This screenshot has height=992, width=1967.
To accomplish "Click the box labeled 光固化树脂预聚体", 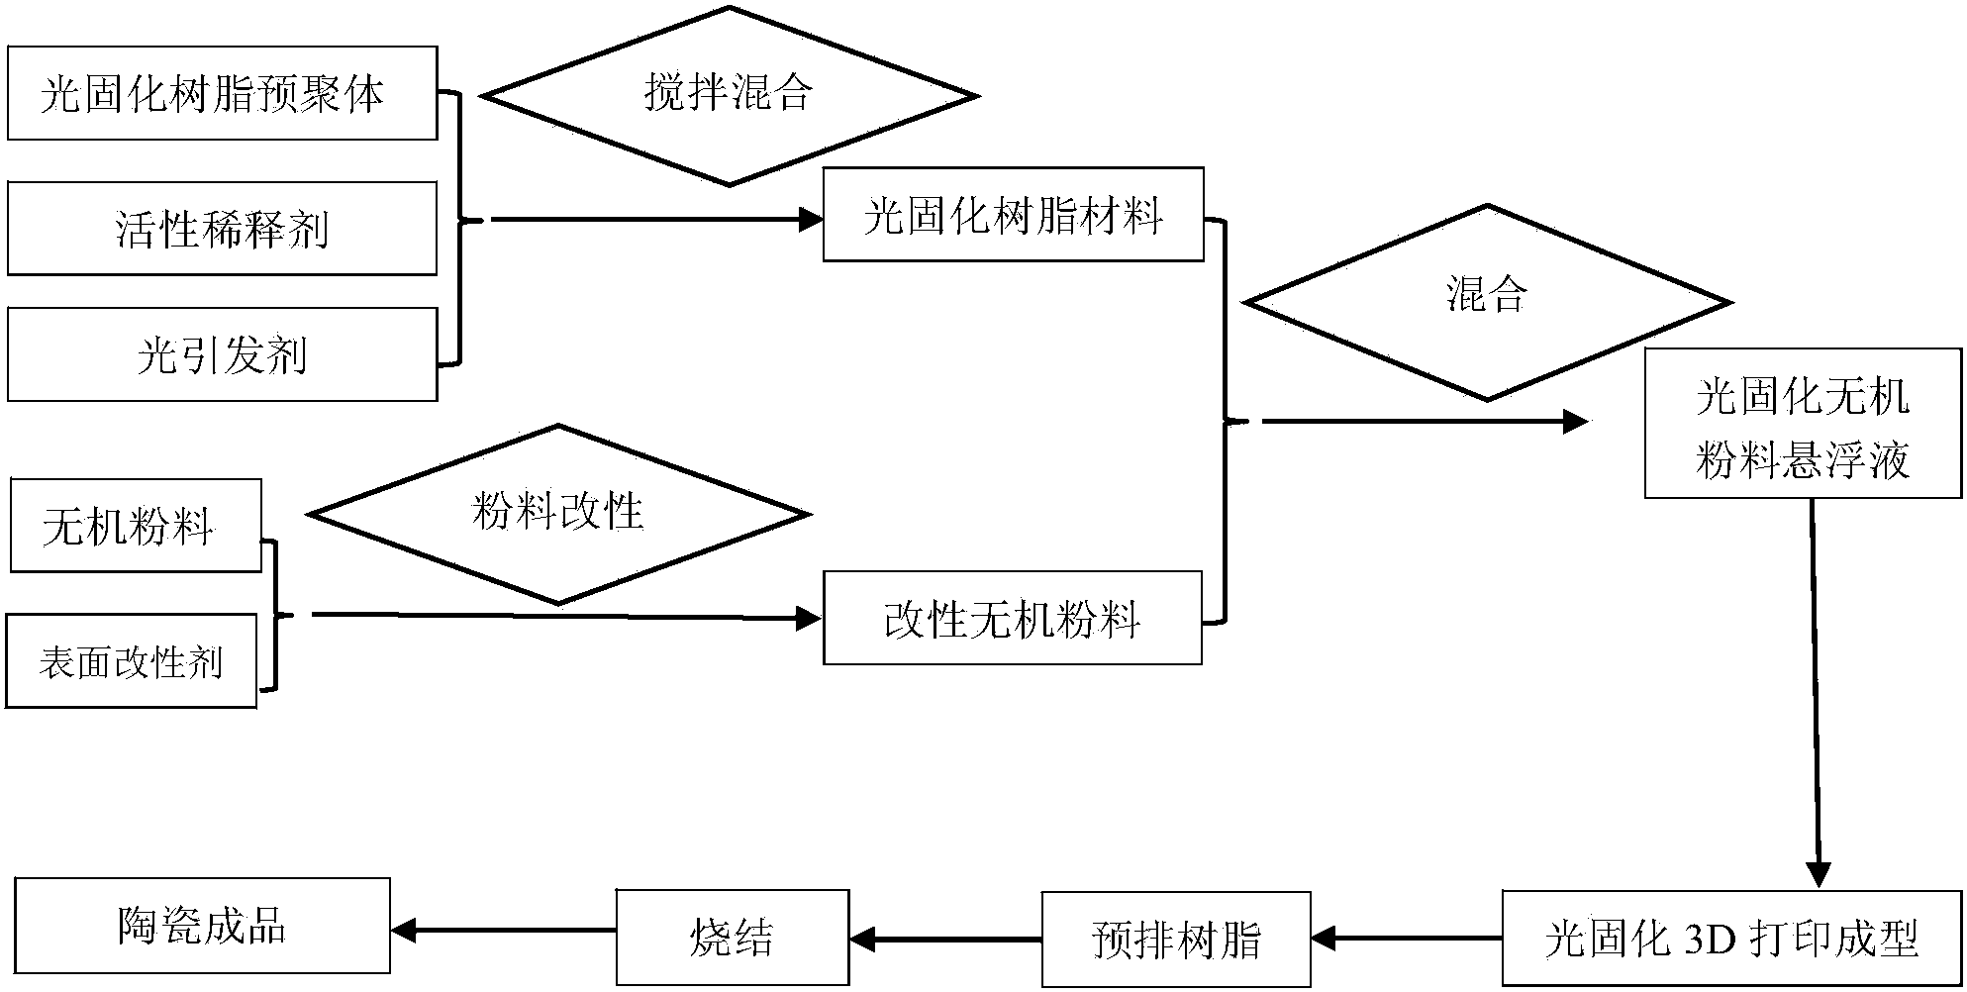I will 222,93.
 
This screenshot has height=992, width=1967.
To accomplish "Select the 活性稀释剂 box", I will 222,229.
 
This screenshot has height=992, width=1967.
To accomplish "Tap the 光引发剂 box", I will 222,354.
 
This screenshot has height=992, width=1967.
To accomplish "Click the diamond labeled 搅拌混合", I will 730,96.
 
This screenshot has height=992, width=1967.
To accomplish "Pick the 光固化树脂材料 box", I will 1013,215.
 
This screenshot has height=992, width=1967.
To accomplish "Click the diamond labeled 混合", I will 1487,303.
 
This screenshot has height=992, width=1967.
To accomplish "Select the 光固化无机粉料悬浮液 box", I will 1802,424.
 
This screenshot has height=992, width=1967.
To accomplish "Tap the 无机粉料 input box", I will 136,527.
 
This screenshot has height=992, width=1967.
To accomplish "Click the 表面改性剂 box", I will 131,661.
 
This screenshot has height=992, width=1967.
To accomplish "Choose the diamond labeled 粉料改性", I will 558,515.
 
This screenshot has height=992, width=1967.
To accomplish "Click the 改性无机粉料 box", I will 1012,618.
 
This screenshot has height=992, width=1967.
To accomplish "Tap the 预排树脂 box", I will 1175,939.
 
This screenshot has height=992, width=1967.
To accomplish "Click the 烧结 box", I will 733,937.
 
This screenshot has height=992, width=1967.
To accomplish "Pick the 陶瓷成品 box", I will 202,927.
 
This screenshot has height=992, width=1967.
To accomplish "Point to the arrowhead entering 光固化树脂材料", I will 812,219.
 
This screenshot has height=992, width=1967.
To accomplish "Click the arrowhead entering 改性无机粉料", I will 810,620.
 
